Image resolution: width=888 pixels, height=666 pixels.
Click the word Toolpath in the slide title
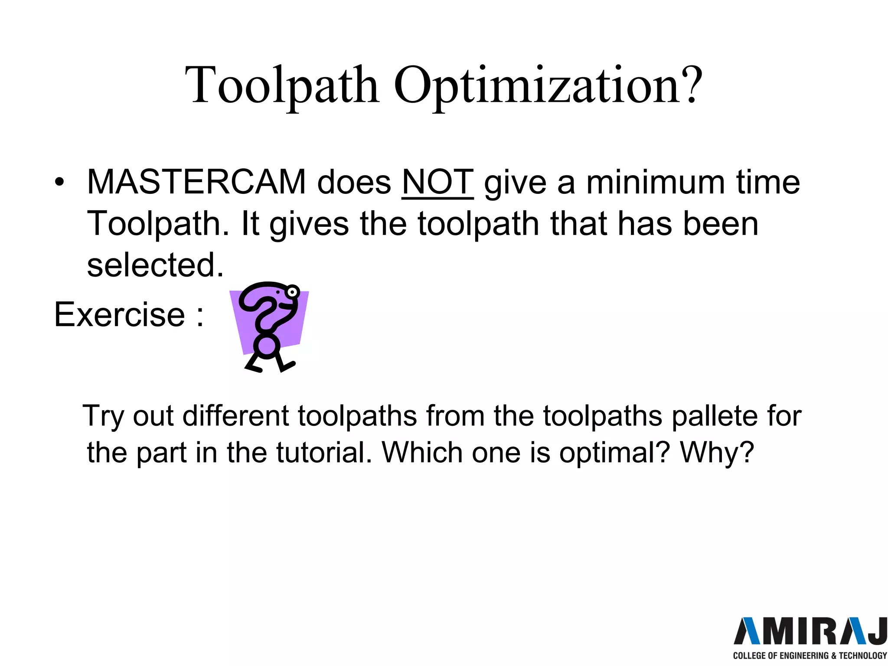pos(282,85)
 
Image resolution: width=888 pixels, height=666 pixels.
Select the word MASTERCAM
pos(196,182)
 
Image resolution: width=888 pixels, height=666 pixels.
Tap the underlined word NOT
pos(437,182)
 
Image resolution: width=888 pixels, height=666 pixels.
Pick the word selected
pos(155,265)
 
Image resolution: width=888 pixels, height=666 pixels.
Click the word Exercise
pos(120,314)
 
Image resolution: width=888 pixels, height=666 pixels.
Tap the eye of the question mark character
pos(293,292)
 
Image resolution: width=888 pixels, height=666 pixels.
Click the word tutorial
pos(324,453)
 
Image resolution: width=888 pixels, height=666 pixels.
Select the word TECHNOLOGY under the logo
pos(863,656)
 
